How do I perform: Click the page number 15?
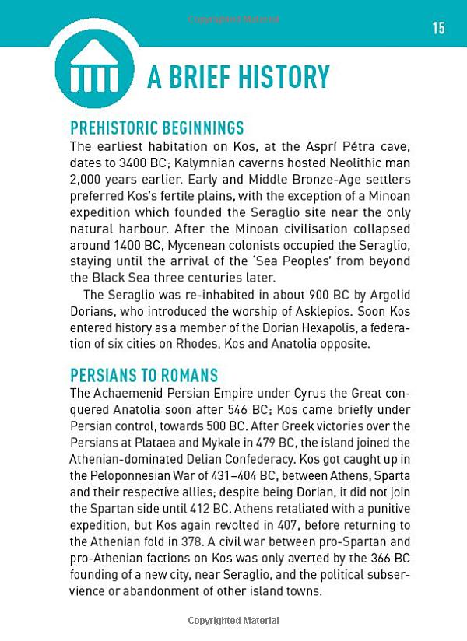438,28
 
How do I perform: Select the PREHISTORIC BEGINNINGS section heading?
157,128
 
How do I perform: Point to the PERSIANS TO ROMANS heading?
144,376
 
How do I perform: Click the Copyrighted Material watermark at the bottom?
233,621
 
